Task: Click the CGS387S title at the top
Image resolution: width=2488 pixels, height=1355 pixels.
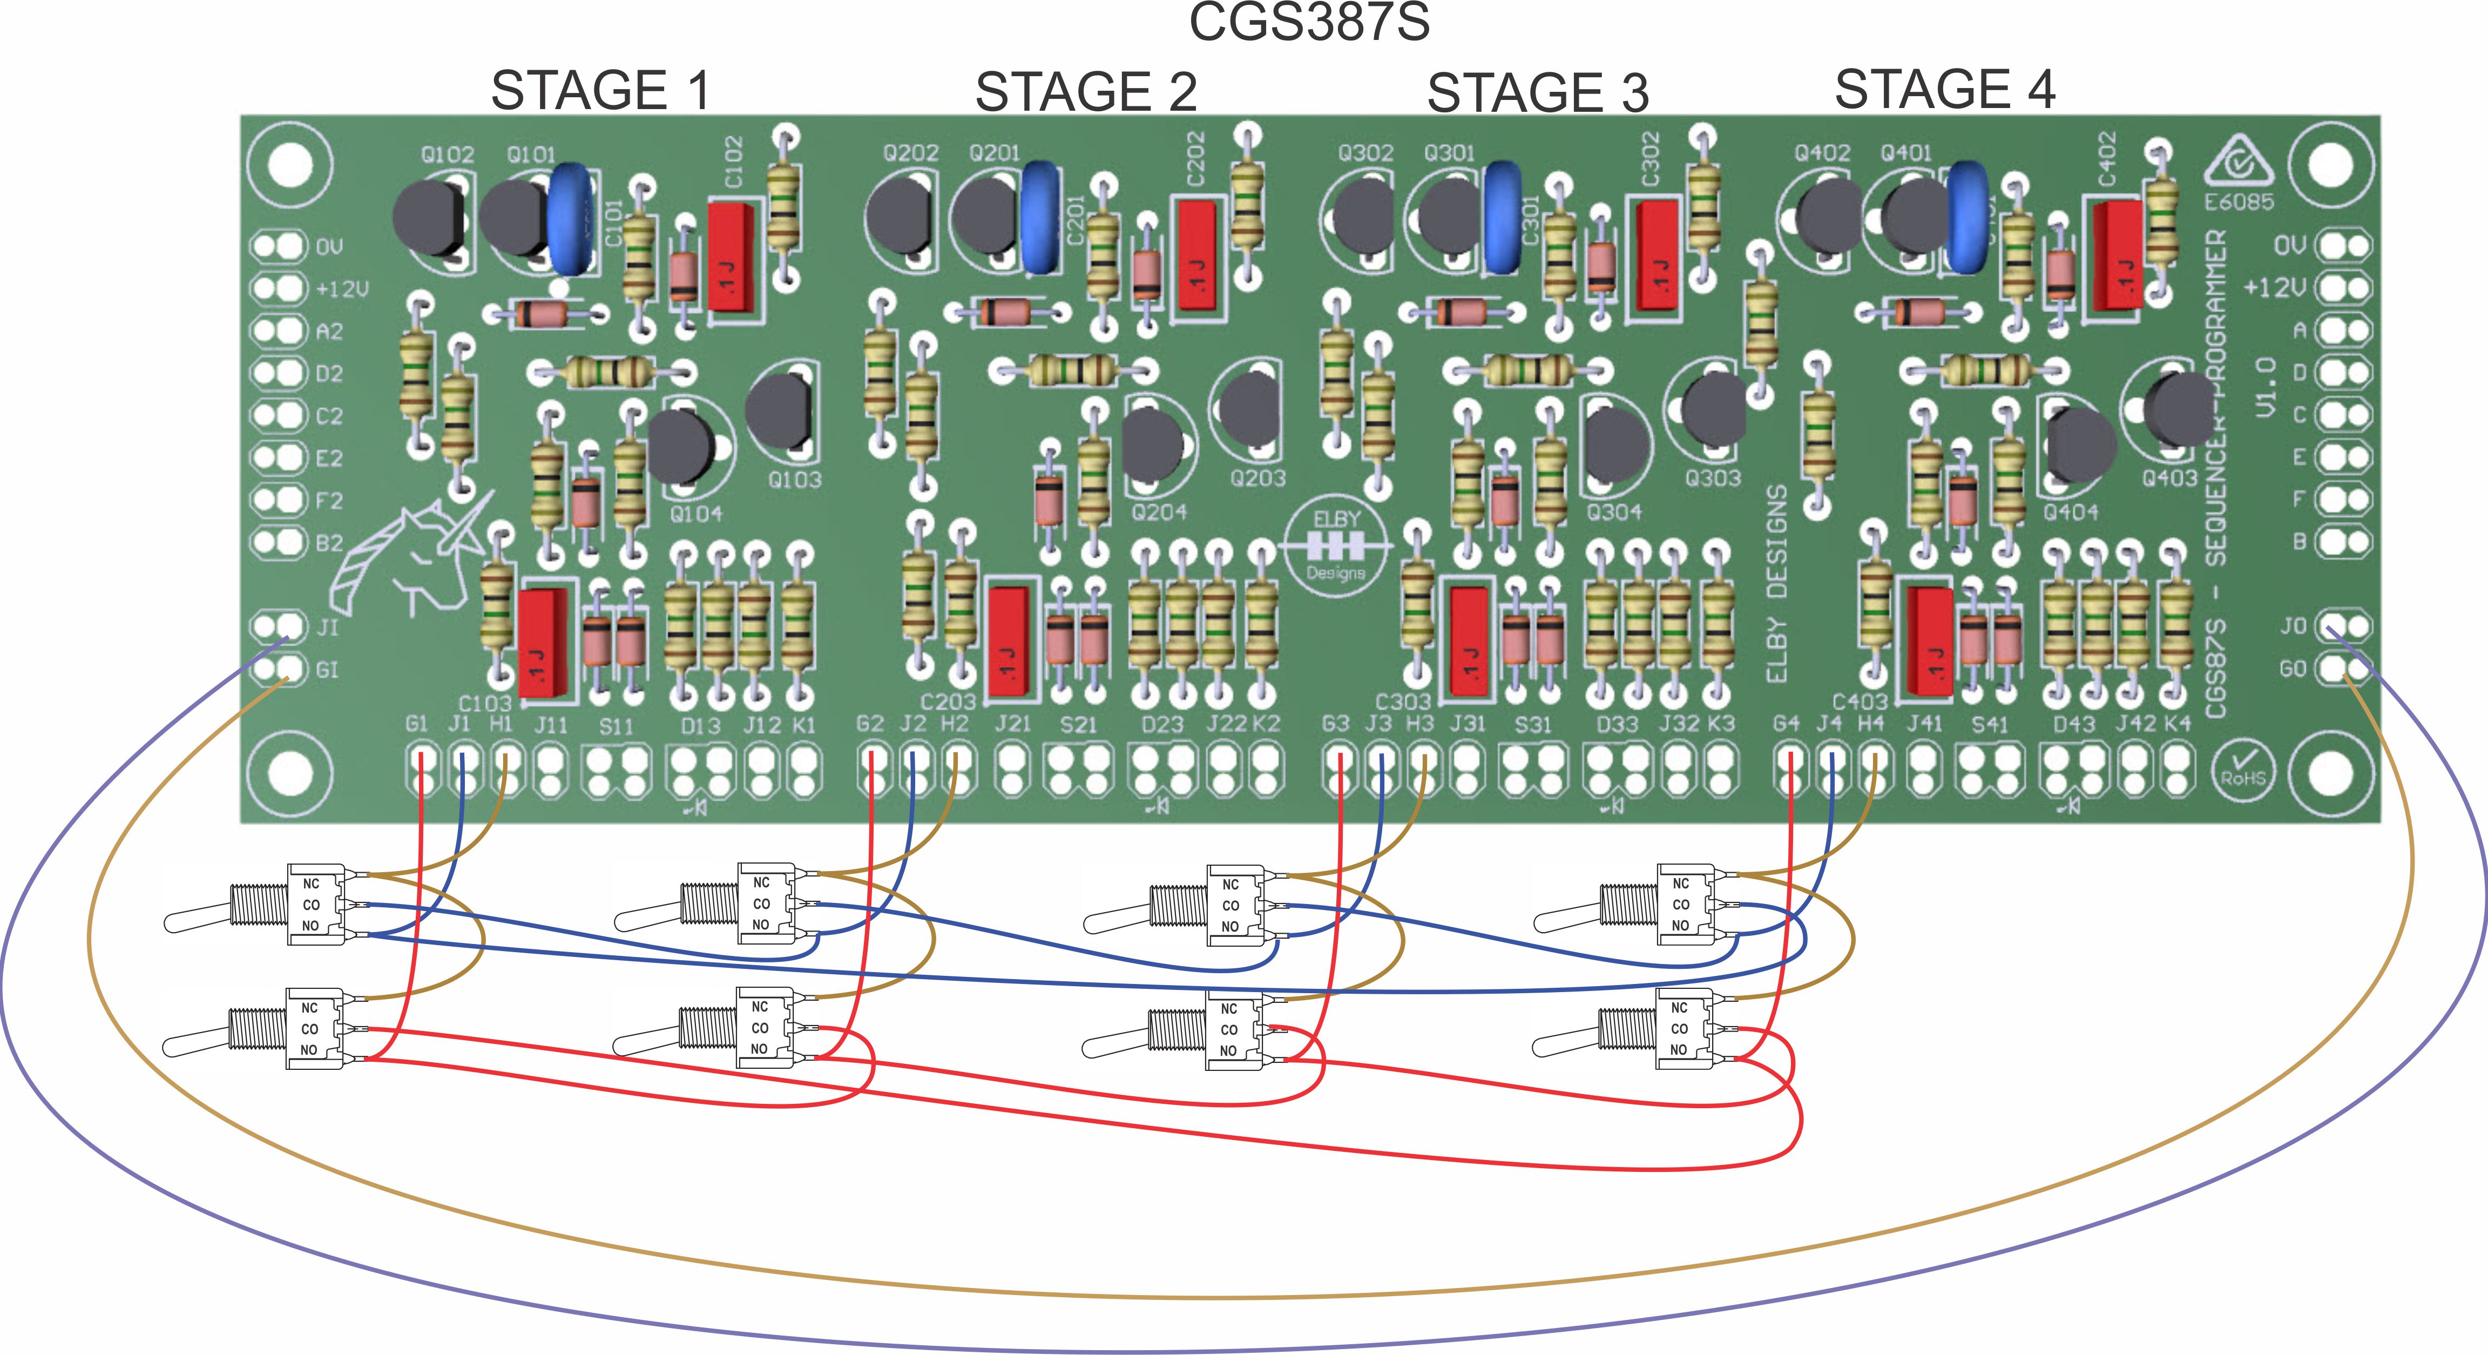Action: (1309, 21)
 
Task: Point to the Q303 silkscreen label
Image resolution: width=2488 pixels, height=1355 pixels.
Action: (1713, 478)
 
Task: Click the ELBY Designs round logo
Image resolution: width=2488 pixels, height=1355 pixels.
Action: (1337, 545)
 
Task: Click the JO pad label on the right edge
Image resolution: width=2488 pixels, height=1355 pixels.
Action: (2293, 626)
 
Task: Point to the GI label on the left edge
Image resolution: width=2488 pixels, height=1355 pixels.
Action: (327, 669)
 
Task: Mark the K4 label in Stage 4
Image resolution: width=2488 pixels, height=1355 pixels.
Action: (2176, 723)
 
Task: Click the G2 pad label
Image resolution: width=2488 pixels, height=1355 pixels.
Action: (869, 723)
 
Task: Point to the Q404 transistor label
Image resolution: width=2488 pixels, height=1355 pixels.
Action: (2070, 512)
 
